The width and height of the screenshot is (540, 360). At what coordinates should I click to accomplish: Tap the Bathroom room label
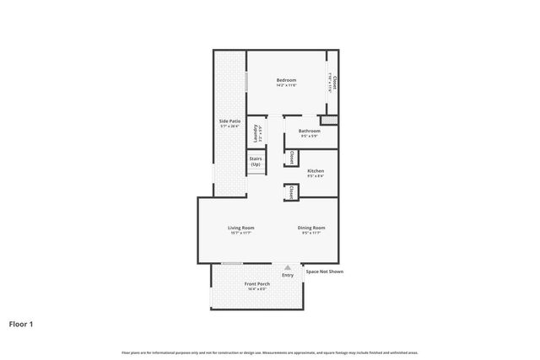tap(309, 131)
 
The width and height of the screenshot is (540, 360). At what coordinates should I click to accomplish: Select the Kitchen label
tap(315, 171)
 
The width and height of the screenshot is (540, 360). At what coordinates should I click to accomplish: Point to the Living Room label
tap(240, 228)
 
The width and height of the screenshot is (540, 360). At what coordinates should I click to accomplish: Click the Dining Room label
tap(310, 228)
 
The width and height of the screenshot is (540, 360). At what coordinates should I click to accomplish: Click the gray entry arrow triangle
tap(287, 267)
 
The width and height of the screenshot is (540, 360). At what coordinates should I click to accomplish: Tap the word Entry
tap(288, 275)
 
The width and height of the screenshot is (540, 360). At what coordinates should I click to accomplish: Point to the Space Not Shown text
tap(324, 271)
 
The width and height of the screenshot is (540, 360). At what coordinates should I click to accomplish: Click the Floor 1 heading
tap(22, 323)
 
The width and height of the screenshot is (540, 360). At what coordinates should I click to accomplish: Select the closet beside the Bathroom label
tap(289, 157)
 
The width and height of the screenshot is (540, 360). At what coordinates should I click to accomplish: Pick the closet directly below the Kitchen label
tap(290, 192)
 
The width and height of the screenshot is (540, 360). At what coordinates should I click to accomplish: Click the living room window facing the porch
tap(232, 263)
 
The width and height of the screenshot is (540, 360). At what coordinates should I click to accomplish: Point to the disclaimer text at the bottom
tap(269, 352)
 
